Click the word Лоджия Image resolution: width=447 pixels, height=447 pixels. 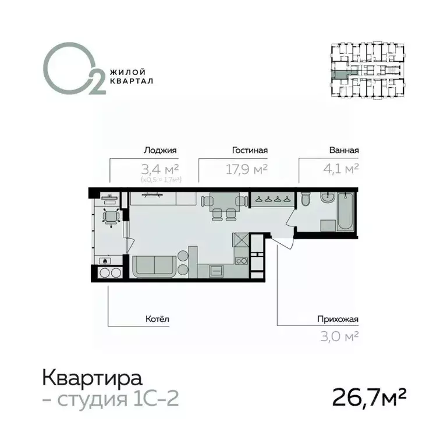point(160,150)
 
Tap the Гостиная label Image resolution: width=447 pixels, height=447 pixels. point(249,150)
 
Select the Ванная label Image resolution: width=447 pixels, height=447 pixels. point(343,150)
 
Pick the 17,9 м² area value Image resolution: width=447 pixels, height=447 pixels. point(246,169)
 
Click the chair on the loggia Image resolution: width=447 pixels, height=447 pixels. point(109,217)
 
